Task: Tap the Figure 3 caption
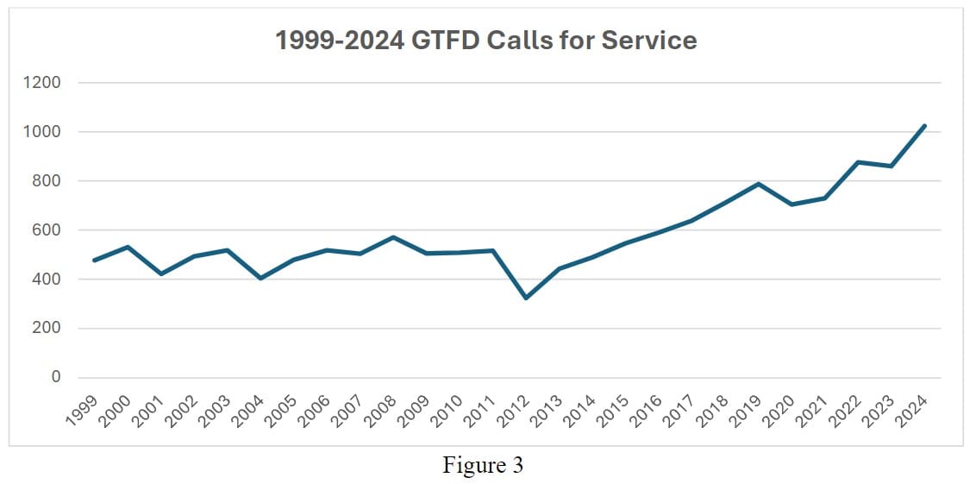pos(483,465)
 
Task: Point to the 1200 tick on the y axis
pos(43,83)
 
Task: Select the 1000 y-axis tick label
pos(43,132)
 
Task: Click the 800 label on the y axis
pos(47,181)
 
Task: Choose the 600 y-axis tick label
pos(47,230)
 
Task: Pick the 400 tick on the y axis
pos(47,280)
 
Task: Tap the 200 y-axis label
pos(47,329)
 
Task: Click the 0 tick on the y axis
pos(56,378)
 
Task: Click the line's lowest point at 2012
pos(526,299)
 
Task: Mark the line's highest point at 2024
pos(924,126)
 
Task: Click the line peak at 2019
pos(758,184)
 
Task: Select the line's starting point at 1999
pos(94,261)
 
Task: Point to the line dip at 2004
pos(260,279)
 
